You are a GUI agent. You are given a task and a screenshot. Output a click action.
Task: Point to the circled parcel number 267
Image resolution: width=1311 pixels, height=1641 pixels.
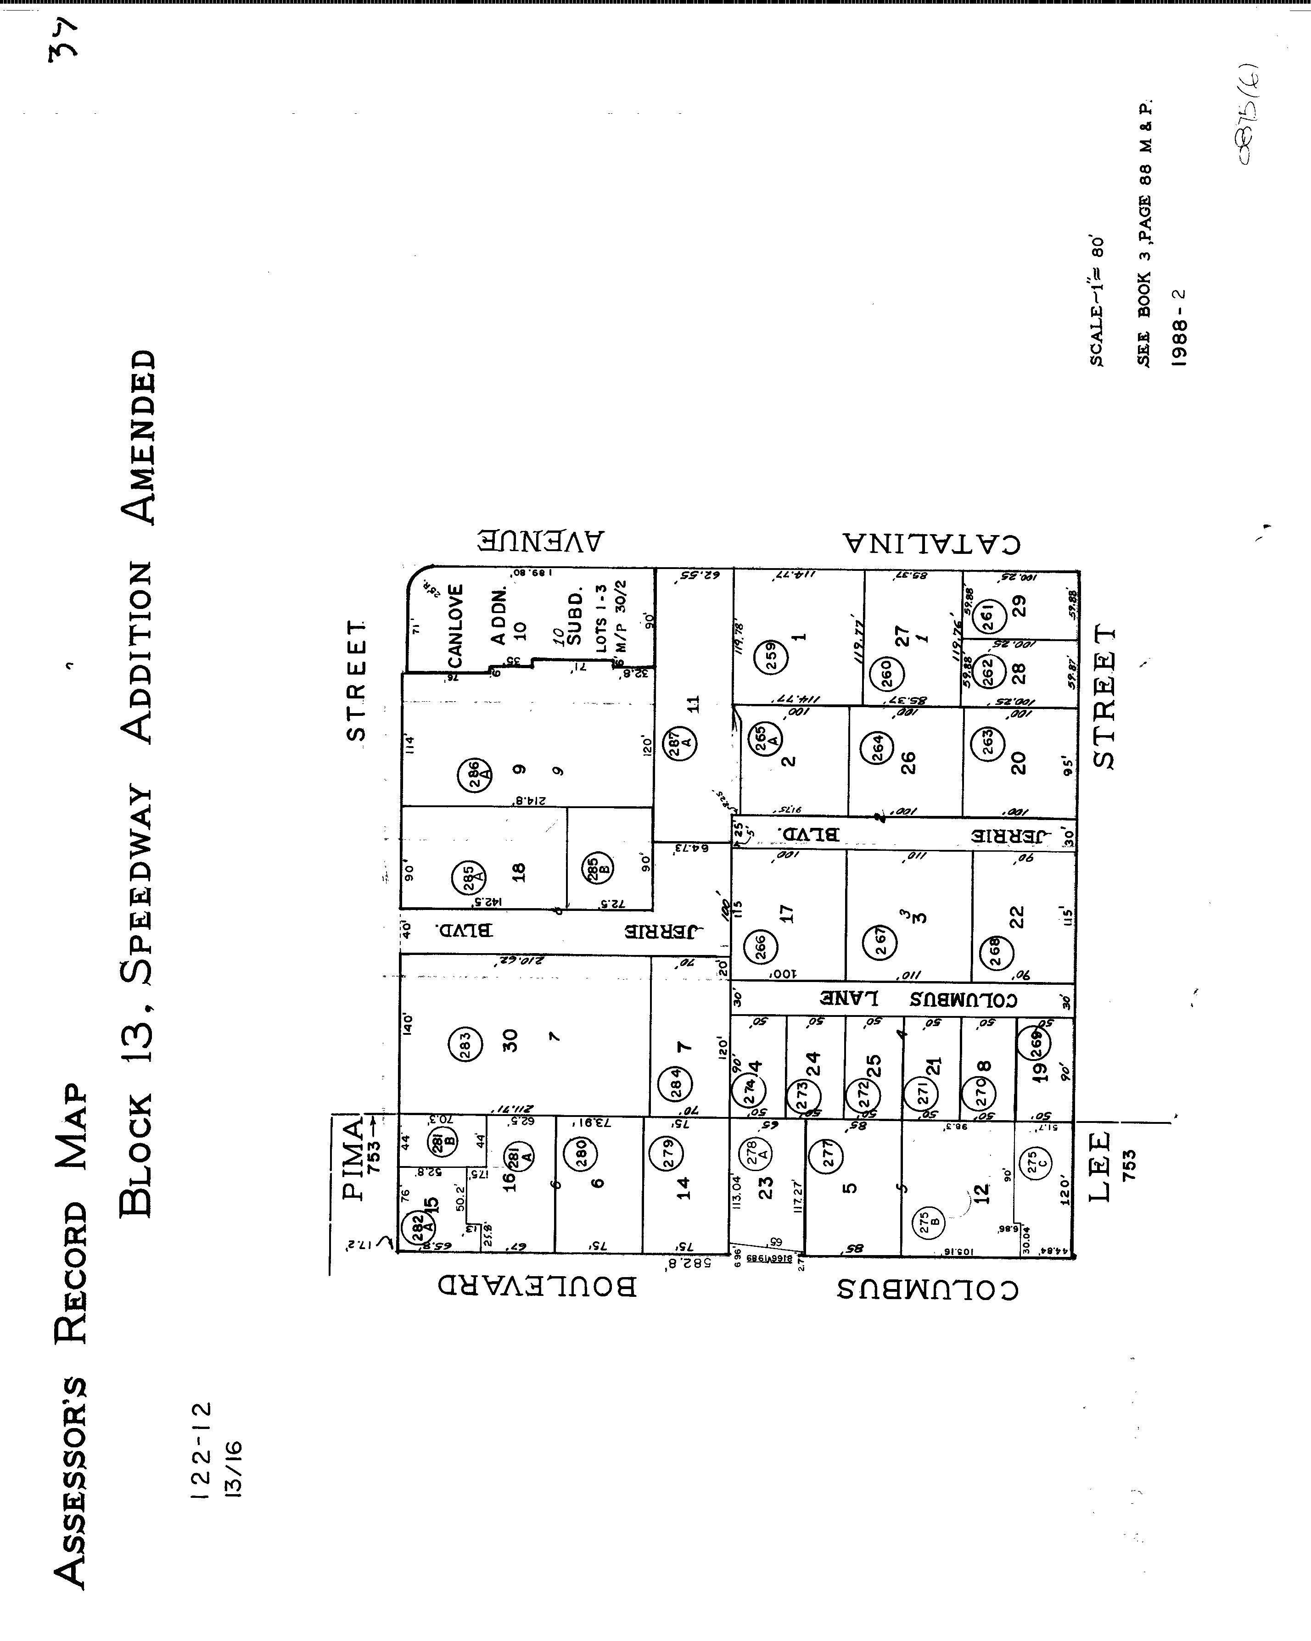pos(880,942)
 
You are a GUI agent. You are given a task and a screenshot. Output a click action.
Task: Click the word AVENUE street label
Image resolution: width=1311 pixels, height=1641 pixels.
pos(541,541)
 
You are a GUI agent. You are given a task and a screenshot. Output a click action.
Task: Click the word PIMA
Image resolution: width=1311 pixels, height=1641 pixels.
pos(353,1158)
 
